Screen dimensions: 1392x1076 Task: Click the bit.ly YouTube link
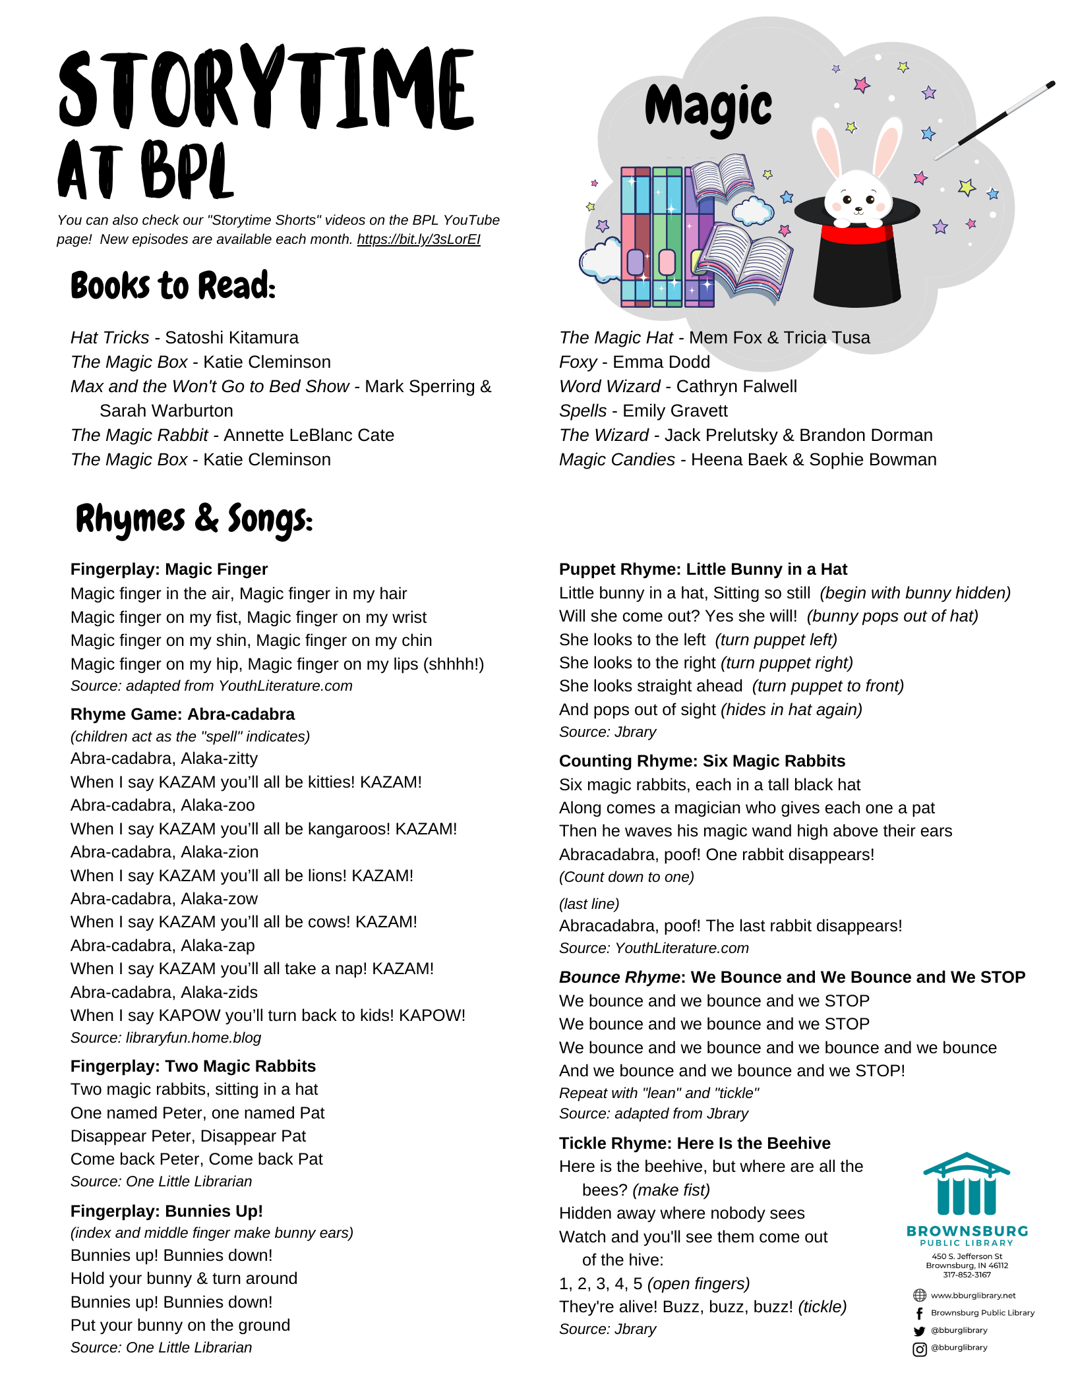pos(419,239)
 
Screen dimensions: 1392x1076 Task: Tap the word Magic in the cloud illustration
pos(708,107)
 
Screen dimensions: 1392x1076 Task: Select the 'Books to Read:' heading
pos(173,286)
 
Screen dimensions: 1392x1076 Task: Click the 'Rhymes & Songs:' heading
pos(194,519)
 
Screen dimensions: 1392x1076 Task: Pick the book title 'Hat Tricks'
pos(110,337)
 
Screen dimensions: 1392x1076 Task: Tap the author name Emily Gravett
pos(675,411)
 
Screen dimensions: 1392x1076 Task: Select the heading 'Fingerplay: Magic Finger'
pos(169,569)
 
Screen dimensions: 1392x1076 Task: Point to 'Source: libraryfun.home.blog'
pos(165,1037)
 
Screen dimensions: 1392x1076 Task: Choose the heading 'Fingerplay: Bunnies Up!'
pos(166,1211)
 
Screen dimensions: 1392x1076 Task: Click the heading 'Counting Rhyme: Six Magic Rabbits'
pos(702,761)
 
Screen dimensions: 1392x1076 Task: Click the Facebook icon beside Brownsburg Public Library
pos(919,1313)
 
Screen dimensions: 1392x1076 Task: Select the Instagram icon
pos(919,1348)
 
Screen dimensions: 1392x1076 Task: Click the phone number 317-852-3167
pos(967,1275)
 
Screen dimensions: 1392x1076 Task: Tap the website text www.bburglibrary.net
pos(973,1295)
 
